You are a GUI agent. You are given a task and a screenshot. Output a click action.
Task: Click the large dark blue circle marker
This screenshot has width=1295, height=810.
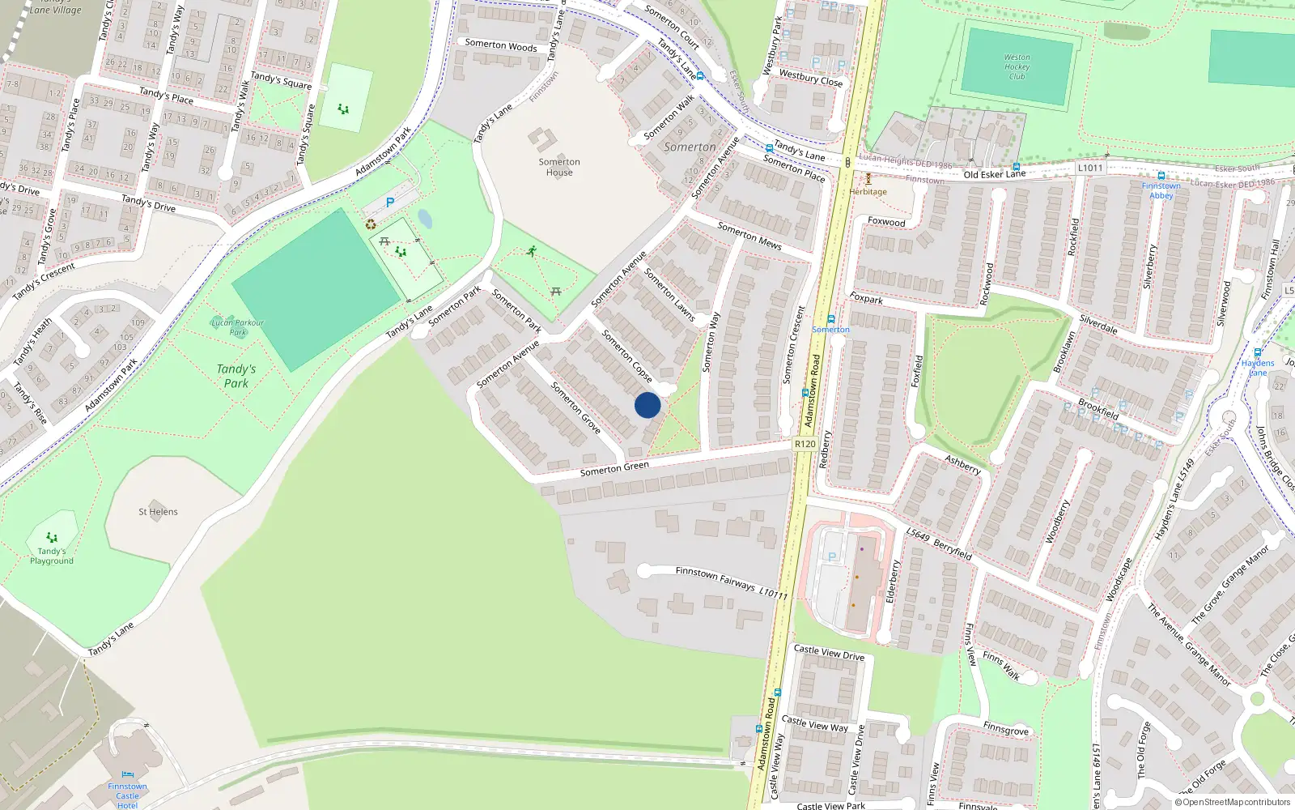tap(647, 405)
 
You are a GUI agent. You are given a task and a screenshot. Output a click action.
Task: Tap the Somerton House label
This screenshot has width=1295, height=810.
tap(559, 167)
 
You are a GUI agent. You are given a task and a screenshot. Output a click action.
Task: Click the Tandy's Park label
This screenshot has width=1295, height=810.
tap(236, 376)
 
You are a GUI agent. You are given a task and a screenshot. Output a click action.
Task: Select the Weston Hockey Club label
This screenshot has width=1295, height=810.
tap(1017, 67)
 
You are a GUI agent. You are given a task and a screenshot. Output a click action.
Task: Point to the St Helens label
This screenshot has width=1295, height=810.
tap(158, 512)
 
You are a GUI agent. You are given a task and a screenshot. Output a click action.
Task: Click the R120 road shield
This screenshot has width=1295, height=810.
tap(805, 444)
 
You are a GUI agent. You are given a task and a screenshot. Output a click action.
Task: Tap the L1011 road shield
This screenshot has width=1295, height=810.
tap(1090, 168)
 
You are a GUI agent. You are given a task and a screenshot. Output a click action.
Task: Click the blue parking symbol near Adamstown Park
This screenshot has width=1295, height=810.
tap(390, 203)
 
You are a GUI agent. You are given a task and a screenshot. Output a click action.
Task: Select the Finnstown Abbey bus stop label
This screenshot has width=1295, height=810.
tap(1161, 190)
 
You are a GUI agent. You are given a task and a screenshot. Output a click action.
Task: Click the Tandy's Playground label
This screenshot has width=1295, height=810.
tap(52, 556)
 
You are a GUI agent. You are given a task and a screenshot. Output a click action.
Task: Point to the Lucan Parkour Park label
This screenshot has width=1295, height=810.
tap(237, 327)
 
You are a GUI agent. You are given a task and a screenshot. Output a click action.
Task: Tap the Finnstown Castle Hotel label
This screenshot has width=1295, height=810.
tap(127, 795)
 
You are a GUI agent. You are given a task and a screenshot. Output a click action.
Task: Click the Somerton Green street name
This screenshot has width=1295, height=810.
tap(614, 469)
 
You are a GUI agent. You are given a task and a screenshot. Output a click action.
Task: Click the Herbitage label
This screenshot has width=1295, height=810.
tap(868, 192)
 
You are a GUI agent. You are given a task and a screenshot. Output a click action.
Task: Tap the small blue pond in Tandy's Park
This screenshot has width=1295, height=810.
tap(425, 219)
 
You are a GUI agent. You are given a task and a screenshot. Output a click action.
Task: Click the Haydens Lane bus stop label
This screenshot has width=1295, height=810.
tap(1258, 368)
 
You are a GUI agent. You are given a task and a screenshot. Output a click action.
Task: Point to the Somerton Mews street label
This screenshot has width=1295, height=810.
tap(749, 236)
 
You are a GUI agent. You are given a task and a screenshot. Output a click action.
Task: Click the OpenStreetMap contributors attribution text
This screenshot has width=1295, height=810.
tap(1232, 803)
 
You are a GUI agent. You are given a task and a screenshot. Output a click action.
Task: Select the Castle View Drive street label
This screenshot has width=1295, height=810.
tap(829, 652)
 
